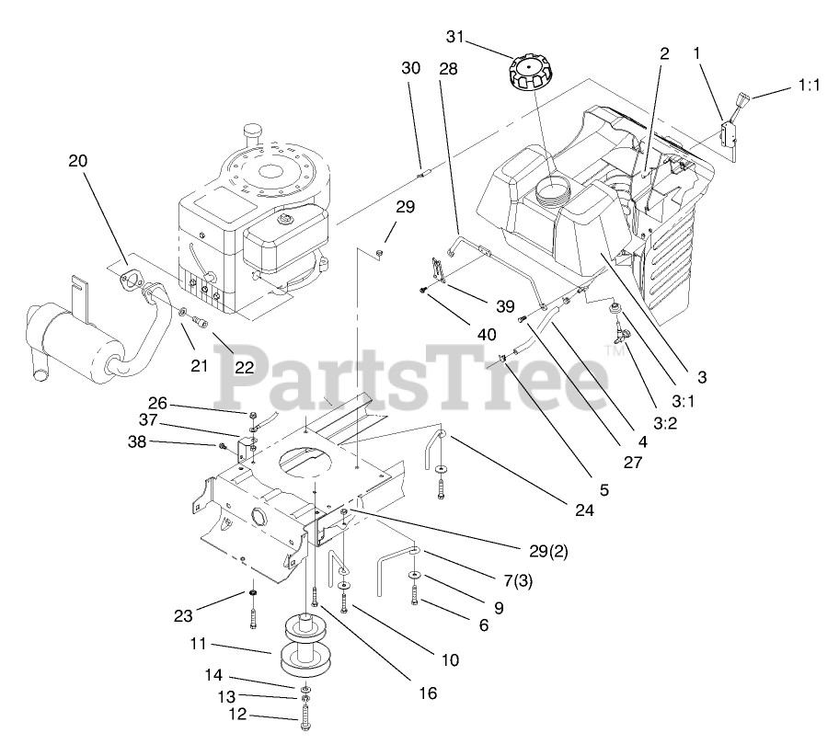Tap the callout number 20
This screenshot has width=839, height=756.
(x=78, y=160)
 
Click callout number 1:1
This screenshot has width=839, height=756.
(x=807, y=86)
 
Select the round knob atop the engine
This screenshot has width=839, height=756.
(x=250, y=134)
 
